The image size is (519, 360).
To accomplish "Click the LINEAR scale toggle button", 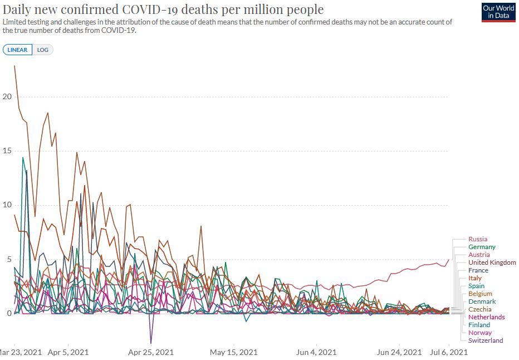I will pyautogui.click(x=17, y=50).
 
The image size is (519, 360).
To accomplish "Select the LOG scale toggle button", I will pyautogui.click(x=43, y=50).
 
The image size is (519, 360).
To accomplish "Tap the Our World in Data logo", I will pyautogui.click(x=498, y=12).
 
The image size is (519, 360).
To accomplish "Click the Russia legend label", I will pyautogui.click(x=477, y=239).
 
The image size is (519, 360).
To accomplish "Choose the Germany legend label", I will pyautogui.click(x=481, y=247).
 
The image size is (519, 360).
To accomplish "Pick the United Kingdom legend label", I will pyautogui.click(x=492, y=262).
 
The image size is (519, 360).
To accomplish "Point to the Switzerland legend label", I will pyautogui.click(x=485, y=340).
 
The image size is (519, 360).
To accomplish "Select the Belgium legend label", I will pyautogui.click(x=480, y=294).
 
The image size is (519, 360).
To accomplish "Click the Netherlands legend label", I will pyautogui.click(x=486, y=317).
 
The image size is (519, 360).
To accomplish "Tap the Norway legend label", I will pyautogui.click(x=479, y=333).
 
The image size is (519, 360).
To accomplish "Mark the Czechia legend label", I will pyautogui.click(x=479, y=309).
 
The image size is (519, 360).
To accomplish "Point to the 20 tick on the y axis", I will pyautogui.click(x=7, y=96).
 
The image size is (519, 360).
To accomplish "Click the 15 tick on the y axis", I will pyautogui.click(x=7, y=151).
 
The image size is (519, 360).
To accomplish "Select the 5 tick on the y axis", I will pyautogui.click(x=8, y=259).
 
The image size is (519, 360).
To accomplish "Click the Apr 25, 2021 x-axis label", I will pyautogui.click(x=151, y=352).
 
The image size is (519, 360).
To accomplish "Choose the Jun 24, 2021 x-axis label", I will pyautogui.click(x=399, y=352).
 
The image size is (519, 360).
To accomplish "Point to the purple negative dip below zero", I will pyautogui.click(x=150, y=342).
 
